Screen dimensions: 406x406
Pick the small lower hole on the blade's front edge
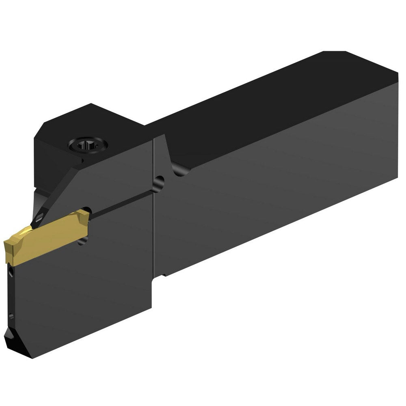(11, 316)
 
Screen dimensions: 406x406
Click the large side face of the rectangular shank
(276, 191)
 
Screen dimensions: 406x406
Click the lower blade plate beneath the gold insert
(81, 296)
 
